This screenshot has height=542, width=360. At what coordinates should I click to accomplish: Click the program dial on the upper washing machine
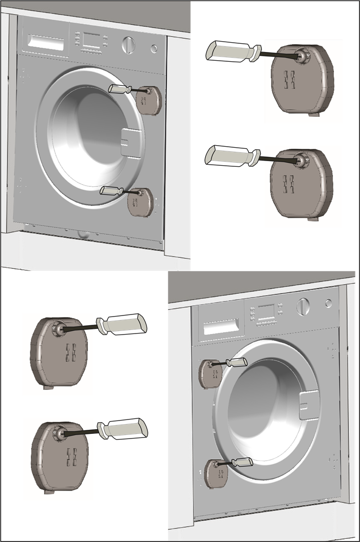pyautogui.click(x=129, y=45)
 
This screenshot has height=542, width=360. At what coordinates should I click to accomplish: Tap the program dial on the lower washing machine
pyautogui.click(x=303, y=307)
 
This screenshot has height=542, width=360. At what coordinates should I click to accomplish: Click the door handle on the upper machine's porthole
pyautogui.click(x=131, y=143)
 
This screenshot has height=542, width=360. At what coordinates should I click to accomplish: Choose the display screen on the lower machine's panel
pyautogui.click(x=265, y=311)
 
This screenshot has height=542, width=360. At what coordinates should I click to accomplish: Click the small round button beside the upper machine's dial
pyautogui.click(x=154, y=48)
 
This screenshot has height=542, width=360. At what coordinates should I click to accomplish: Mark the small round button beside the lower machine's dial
pyautogui.click(x=329, y=304)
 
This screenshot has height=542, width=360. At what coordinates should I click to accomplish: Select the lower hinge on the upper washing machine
pyautogui.click(x=140, y=201)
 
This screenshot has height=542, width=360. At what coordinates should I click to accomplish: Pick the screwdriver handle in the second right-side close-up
pyautogui.click(x=229, y=155)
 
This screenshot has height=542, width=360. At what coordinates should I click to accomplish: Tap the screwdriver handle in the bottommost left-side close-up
pyautogui.click(x=126, y=429)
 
